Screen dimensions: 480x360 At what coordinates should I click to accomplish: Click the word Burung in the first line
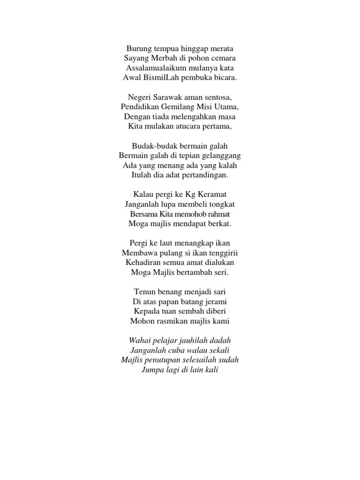[x=138, y=48]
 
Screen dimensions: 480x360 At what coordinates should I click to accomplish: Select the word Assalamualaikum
[x=154, y=68]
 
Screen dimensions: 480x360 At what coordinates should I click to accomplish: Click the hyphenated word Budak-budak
[x=153, y=146]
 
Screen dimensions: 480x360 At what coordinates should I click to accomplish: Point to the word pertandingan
[x=204, y=175]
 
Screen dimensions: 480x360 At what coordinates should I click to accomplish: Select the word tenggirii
[x=222, y=253]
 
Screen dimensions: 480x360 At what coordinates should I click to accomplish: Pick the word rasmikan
[x=173, y=321]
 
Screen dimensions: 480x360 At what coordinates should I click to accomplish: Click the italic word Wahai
[x=142, y=341]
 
